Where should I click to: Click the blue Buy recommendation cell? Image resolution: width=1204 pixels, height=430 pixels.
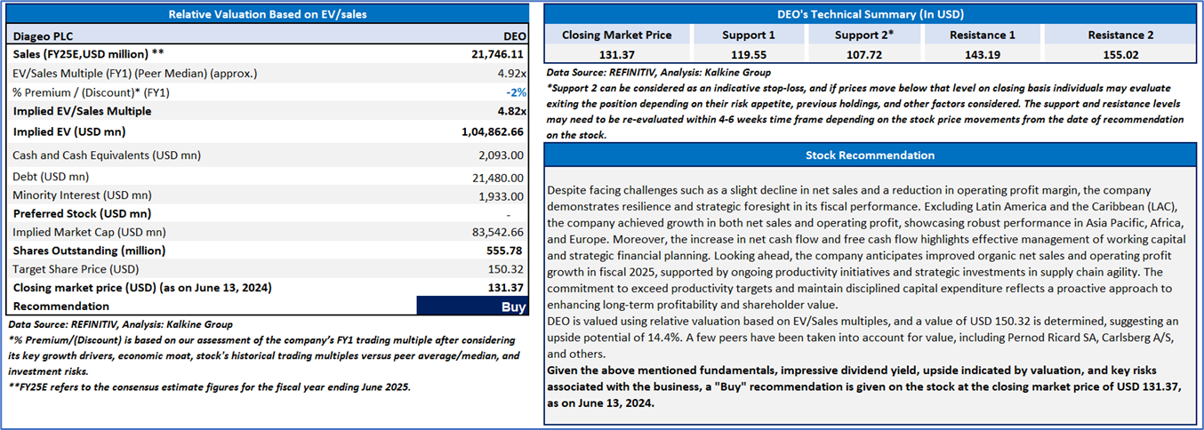pyautogui.click(x=471, y=306)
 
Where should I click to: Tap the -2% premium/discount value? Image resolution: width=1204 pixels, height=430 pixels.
pyautogui.click(x=517, y=92)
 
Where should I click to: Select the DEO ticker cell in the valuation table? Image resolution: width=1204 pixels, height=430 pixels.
pyautogui.click(x=515, y=36)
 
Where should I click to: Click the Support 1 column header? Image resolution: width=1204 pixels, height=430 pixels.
pyautogui.click(x=748, y=35)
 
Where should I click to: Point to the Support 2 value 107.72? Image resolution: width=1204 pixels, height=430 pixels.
pyautogui.click(x=864, y=54)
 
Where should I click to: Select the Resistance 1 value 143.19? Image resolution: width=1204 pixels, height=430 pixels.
pyautogui.click(x=983, y=54)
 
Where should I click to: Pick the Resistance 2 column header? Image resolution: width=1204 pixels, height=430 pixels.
pyautogui.click(x=1120, y=35)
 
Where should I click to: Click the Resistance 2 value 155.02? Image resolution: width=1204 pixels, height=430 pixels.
pyautogui.click(x=1120, y=54)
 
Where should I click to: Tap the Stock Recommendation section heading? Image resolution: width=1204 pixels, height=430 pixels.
pyautogui.click(x=870, y=155)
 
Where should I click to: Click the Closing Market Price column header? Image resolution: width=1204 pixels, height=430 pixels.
pyautogui.click(x=617, y=35)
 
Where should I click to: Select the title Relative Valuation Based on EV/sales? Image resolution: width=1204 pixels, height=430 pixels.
pyautogui.click(x=268, y=14)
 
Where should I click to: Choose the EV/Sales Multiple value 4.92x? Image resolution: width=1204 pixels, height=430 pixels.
pyautogui.click(x=510, y=73)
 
